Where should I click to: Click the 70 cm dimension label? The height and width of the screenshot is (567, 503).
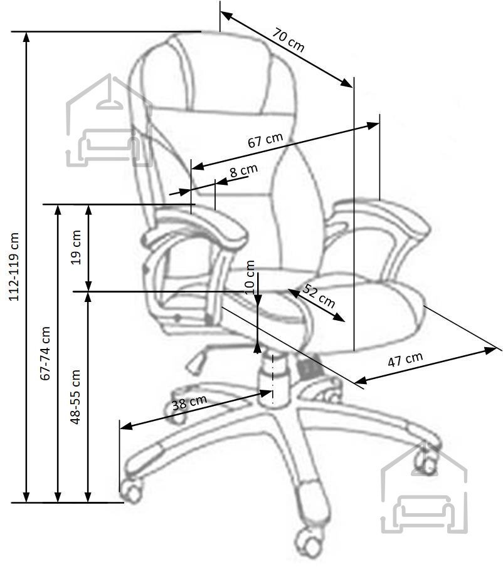point(289,39)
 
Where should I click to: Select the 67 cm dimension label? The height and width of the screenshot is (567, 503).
point(265,140)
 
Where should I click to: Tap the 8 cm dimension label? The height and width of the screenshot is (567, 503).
point(243,170)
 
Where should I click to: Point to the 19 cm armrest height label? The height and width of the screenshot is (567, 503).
point(76,247)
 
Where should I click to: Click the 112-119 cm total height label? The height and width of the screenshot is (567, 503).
point(14,266)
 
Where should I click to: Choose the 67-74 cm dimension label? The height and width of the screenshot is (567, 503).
point(45,353)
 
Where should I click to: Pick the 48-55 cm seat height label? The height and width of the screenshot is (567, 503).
point(75,397)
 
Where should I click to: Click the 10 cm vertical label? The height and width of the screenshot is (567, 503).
point(250,278)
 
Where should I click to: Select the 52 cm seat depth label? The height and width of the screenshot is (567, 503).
point(319,296)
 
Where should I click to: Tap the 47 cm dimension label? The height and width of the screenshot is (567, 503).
point(405,359)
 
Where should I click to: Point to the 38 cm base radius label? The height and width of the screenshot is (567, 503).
point(189,402)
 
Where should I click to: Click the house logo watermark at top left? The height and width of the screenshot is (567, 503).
point(109,120)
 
